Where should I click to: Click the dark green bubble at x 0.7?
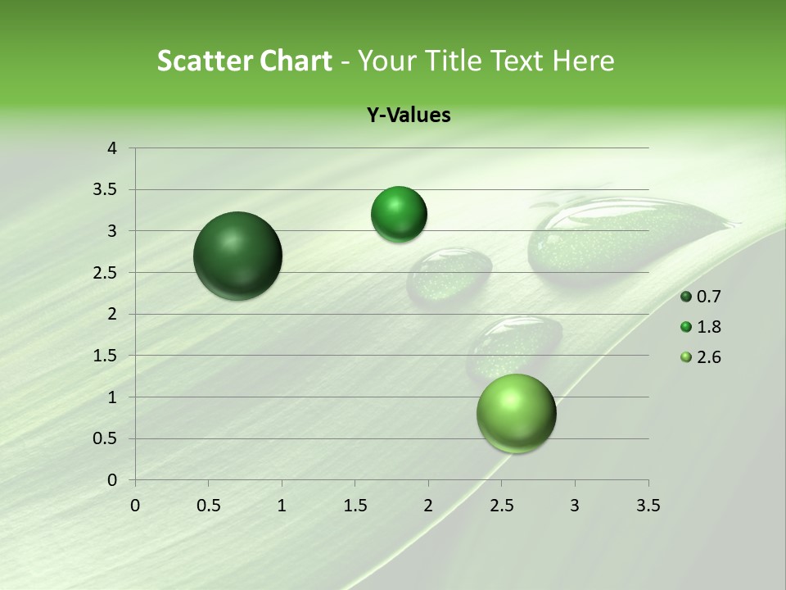pos(238,256)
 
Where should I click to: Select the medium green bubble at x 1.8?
pos(399,215)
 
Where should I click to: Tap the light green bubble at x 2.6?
pos(516,413)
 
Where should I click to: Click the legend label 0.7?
pos(708,297)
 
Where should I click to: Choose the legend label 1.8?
pos(708,327)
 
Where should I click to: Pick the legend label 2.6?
pos(708,357)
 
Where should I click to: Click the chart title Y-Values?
pos(409,116)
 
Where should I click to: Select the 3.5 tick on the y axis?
pos(106,190)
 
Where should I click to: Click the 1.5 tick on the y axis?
pos(106,356)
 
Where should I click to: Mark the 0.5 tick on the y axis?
pos(106,438)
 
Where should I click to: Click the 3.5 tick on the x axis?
pos(648,506)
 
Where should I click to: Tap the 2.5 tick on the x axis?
pos(501,506)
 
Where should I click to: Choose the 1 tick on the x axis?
pos(282,506)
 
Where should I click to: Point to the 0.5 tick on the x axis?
pos(208,506)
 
